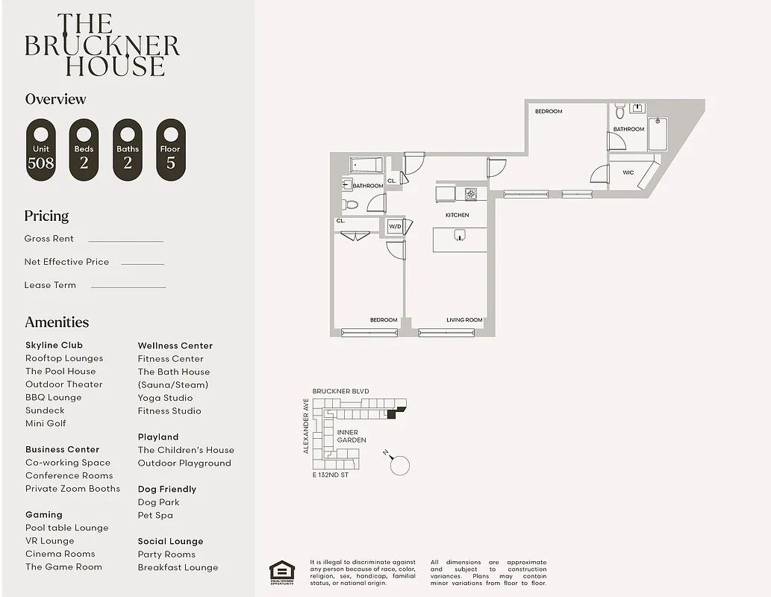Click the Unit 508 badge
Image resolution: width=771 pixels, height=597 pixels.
click(x=40, y=150)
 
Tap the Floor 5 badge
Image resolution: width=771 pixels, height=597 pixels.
click(x=170, y=150)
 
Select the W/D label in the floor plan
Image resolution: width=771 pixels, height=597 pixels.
click(x=394, y=227)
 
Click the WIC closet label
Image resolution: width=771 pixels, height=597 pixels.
click(x=628, y=172)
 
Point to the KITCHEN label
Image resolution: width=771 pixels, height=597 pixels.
click(x=457, y=215)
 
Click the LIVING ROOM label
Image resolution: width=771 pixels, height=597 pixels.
click(x=464, y=320)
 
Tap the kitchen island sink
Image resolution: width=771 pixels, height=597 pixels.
click(x=461, y=237)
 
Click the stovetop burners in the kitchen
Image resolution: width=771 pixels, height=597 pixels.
click(x=471, y=194)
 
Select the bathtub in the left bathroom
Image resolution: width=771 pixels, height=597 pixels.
click(x=366, y=164)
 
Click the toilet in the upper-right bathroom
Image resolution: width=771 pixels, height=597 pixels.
click(x=620, y=113)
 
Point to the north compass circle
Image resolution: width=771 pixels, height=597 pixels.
click(x=400, y=466)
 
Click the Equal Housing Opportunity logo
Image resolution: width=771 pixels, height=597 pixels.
click(x=281, y=572)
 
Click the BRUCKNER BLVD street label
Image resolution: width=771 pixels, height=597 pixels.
click(x=340, y=391)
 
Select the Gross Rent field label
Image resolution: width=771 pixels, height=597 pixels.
click(x=49, y=239)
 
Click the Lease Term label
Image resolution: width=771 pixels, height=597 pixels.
click(x=50, y=285)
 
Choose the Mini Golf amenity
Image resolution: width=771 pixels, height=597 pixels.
click(x=46, y=423)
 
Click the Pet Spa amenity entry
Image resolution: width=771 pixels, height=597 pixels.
click(x=155, y=515)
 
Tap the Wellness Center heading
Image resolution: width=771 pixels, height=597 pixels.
click(x=175, y=346)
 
